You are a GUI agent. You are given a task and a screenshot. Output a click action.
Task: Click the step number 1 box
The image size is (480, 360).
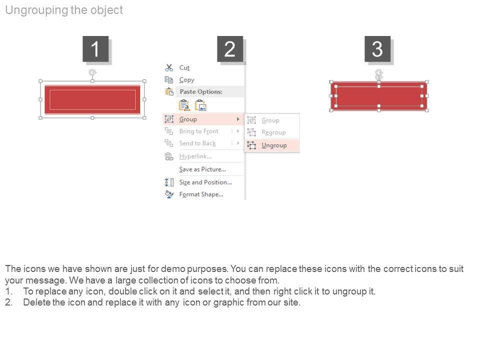click(95, 49)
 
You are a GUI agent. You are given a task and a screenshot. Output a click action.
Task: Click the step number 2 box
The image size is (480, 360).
click(230, 49)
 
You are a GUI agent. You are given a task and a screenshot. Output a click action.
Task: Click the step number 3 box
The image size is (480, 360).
click(377, 49)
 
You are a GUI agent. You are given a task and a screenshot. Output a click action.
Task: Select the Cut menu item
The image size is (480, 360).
click(184, 67)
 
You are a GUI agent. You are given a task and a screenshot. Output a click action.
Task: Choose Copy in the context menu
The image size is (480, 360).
click(186, 80)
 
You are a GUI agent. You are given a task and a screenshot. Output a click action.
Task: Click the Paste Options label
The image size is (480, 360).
click(201, 91)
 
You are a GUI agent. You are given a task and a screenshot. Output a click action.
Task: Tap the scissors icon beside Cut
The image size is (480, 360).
click(169, 67)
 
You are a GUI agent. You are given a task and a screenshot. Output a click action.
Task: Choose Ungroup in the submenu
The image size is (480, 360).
click(274, 145)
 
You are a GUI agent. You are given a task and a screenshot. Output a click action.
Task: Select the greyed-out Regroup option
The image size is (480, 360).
click(273, 132)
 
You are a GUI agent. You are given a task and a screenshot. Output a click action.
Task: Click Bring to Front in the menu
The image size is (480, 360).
click(199, 131)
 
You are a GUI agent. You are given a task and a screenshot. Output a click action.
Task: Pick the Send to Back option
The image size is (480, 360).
click(197, 143)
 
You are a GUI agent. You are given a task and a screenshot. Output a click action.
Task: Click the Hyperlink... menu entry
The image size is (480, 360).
click(195, 156)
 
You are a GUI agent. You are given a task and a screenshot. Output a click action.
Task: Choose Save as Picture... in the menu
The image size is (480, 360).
click(202, 169)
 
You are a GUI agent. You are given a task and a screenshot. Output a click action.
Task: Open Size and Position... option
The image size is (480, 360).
click(205, 182)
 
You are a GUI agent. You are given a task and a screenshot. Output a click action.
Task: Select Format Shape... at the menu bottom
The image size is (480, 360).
click(201, 194)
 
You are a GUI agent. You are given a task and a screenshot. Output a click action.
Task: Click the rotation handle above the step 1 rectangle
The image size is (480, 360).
click(92, 72)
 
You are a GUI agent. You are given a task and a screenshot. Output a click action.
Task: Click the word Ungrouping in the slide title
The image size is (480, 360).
click(36, 10)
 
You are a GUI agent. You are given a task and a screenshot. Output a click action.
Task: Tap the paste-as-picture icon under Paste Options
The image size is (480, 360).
click(201, 105)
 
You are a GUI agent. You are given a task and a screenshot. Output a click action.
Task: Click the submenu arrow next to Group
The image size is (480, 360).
click(238, 119)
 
